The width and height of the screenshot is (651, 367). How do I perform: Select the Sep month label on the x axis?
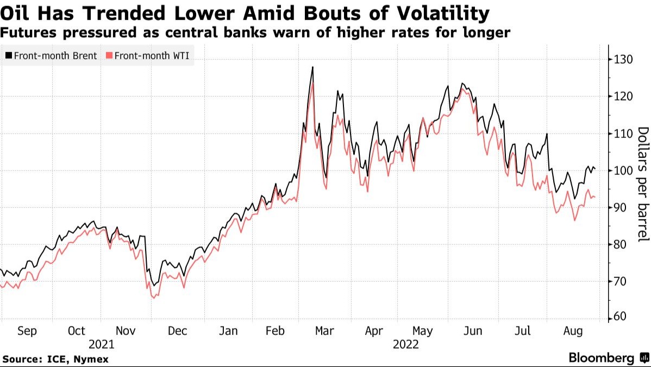pyautogui.click(x=27, y=331)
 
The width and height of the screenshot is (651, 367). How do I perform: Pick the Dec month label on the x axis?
pyautogui.click(x=177, y=331)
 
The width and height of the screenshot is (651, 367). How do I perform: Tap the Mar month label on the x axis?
pyautogui.click(x=324, y=331)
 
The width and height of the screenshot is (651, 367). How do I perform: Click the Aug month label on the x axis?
pyautogui.click(x=573, y=331)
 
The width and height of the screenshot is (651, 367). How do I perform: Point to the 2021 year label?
pyautogui.click(x=102, y=344)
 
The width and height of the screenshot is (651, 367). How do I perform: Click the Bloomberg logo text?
pyautogui.click(x=601, y=358)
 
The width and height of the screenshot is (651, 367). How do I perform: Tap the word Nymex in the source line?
pyautogui.click(x=92, y=359)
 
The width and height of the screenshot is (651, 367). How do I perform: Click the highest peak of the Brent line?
pyautogui.click(x=312, y=67)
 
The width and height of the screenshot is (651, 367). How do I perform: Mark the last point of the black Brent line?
pyautogui.click(x=595, y=169)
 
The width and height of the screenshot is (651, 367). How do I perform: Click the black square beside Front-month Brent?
pyautogui.click(x=9, y=55)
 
